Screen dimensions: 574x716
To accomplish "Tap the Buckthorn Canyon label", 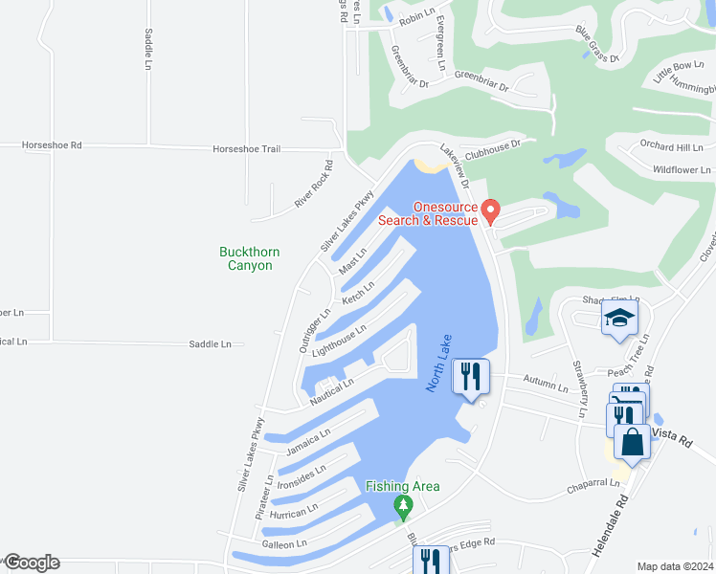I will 249,258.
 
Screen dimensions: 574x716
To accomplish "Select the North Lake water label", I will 438,364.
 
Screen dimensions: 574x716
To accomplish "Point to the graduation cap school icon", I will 619,318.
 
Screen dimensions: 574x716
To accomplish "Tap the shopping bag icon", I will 632,442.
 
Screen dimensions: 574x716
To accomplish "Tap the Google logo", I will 31,563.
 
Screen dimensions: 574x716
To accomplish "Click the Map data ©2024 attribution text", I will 675,566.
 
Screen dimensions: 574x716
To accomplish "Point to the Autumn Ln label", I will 546,385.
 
